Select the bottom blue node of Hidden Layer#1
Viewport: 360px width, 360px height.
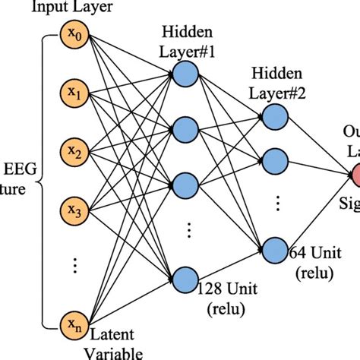tap(185, 276)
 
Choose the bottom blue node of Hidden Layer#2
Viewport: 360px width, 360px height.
tap(274, 248)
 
